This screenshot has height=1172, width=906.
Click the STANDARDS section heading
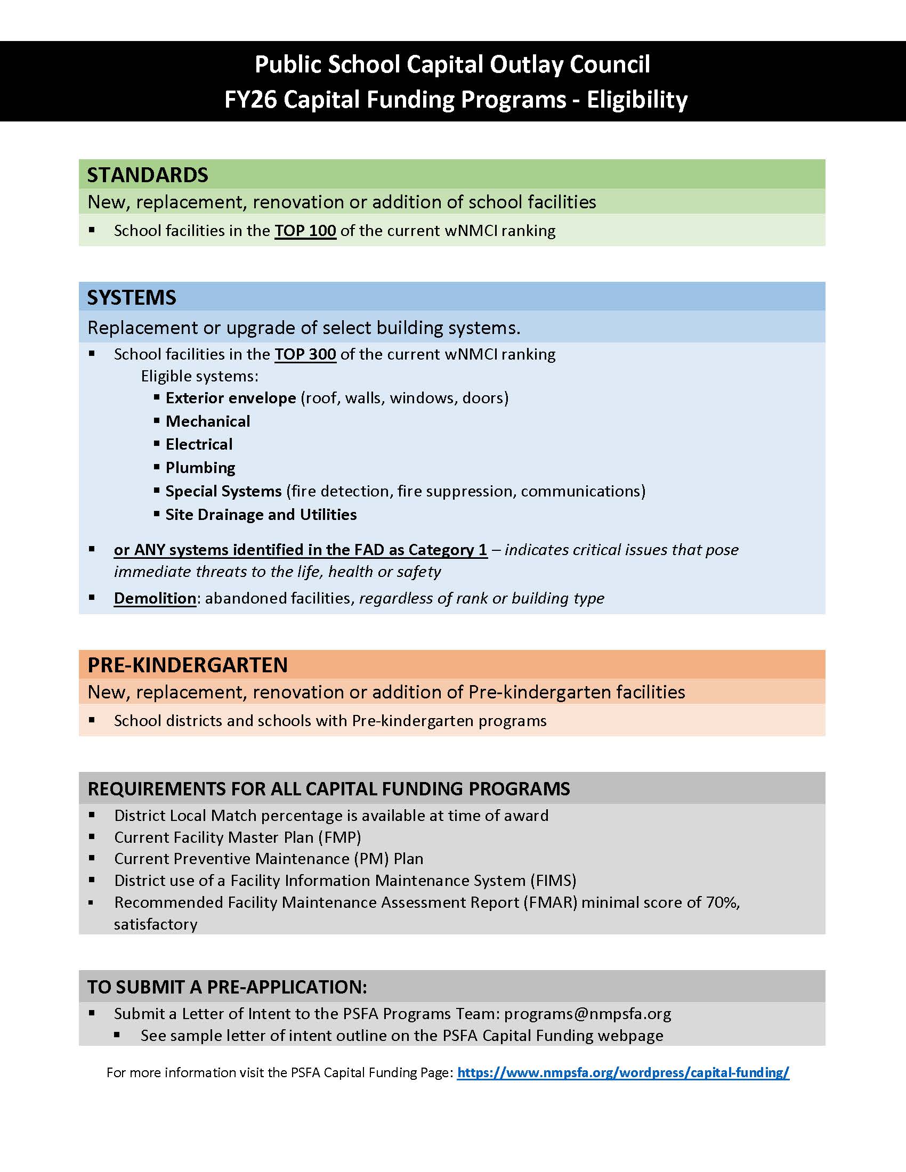[x=148, y=175]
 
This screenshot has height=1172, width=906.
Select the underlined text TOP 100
[x=305, y=231]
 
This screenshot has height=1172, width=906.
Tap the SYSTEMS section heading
[x=132, y=298]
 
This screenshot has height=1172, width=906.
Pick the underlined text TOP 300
[x=305, y=354]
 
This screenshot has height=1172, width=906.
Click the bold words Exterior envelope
[x=231, y=398]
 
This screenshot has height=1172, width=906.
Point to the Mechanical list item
[x=208, y=421]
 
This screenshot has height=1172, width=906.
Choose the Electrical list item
[x=199, y=444]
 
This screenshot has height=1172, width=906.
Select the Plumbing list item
[x=200, y=468]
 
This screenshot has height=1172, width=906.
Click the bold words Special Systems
[x=223, y=491]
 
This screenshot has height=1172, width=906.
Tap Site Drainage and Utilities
[x=261, y=515]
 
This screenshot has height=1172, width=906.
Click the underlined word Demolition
[x=155, y=598]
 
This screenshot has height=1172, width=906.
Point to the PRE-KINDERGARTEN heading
[x=188, y=665]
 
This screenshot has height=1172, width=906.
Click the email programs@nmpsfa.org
[x=588, y=1014]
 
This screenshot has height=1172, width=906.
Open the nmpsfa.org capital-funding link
[x=623, y=1072]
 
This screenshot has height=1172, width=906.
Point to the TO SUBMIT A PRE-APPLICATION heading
[x=227, y=987]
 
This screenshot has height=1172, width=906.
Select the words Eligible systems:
[x=200, y=376]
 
